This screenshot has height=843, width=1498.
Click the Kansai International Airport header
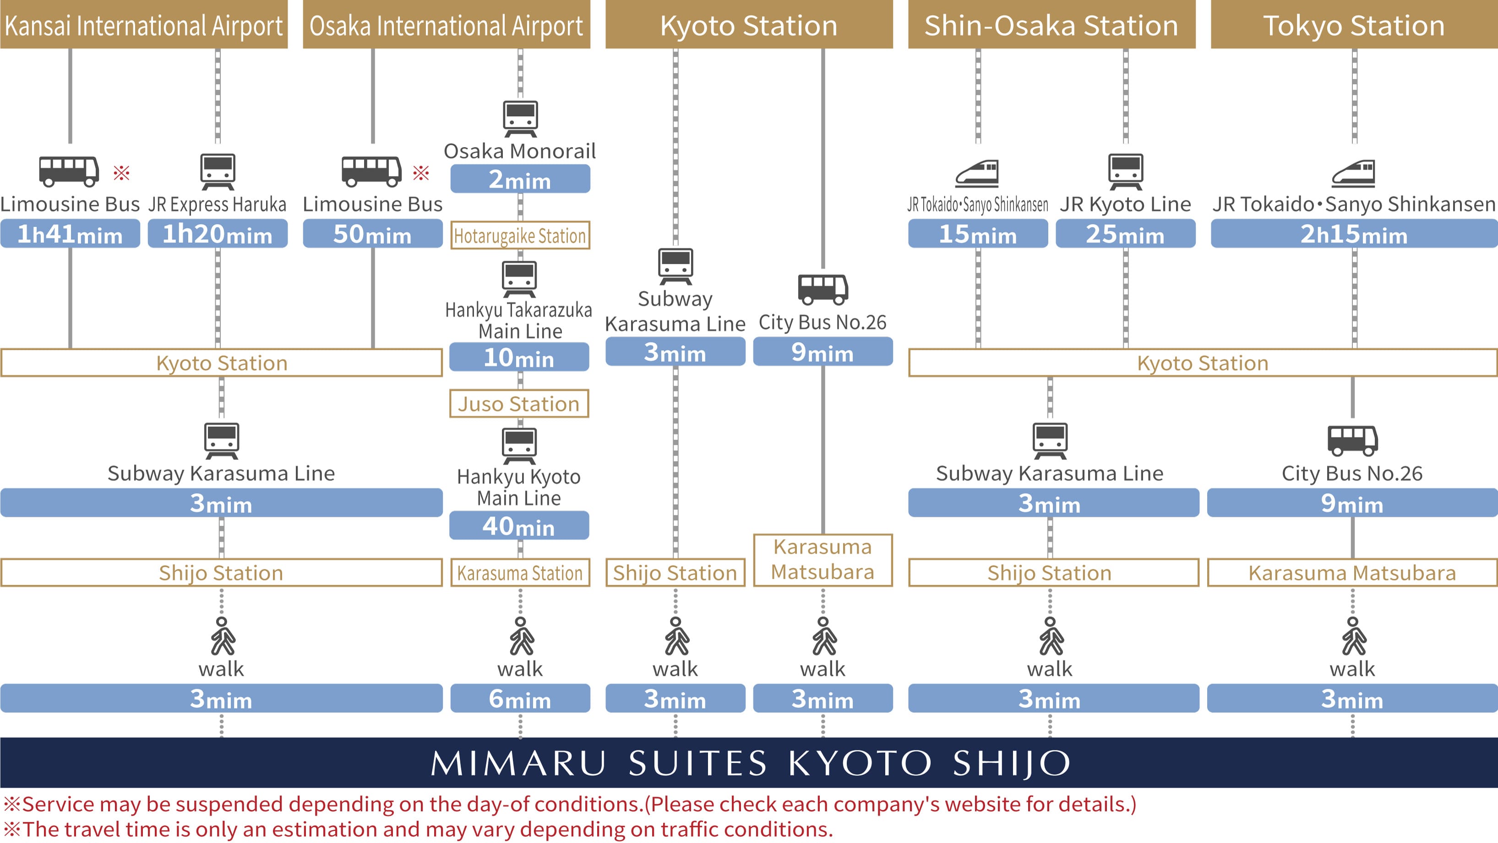[x=144, y=25]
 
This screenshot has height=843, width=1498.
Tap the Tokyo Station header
[x=1354, y=25]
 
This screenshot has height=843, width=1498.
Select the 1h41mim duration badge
[x=70, y=234]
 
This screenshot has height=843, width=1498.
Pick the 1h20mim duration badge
[x=218, y=234]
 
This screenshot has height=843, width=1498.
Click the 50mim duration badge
[x=372, y=234]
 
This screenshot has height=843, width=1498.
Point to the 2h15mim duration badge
[x=1354, y=234]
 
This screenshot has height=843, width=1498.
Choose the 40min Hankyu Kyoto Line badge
[x=519, y=526]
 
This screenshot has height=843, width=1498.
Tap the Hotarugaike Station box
[x=520, y=235]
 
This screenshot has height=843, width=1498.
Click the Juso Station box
[x=519, y=404]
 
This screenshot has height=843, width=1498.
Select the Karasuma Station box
[x=520, y=573]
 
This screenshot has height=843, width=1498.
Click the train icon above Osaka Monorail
[x=520, y=118]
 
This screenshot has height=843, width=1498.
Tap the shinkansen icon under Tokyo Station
[x=1354, y=173]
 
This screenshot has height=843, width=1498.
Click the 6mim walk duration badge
[x=520, y=699]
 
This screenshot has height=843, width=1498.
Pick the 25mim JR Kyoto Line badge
[x=1125, y=234]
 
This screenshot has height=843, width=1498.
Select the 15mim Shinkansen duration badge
[x=978, y=234]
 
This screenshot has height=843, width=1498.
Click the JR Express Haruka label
[x=217, y=204]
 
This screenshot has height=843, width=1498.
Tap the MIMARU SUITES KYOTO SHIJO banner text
[x=749, y=763]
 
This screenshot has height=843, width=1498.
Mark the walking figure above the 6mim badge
[x=521, y=636]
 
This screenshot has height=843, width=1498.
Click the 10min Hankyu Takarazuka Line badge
[x=519, y=357]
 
